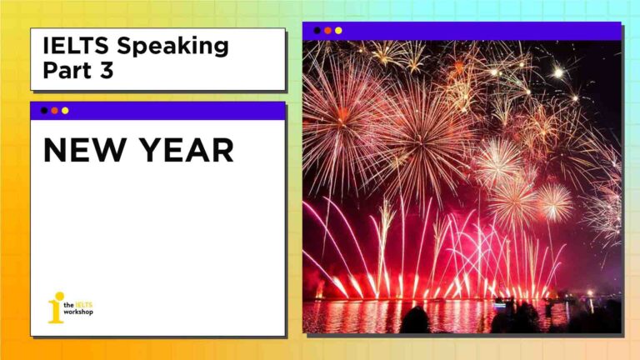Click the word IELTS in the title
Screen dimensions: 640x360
76,45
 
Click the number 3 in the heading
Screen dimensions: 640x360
106,70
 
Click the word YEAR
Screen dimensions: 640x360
187,150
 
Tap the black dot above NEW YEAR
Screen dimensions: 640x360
44,111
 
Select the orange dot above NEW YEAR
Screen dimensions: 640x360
55,111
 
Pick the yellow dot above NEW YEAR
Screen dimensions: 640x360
65,111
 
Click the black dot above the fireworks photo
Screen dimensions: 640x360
317,30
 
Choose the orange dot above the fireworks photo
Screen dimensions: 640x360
327,30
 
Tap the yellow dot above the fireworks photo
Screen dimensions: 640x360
338,30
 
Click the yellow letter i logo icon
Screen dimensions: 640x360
57,307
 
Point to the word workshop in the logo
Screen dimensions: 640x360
78,312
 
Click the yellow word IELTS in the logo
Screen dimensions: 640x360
84,304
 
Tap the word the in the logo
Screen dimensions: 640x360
68,305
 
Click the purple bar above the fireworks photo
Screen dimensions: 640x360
462,31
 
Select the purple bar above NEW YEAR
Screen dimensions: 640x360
157,111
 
